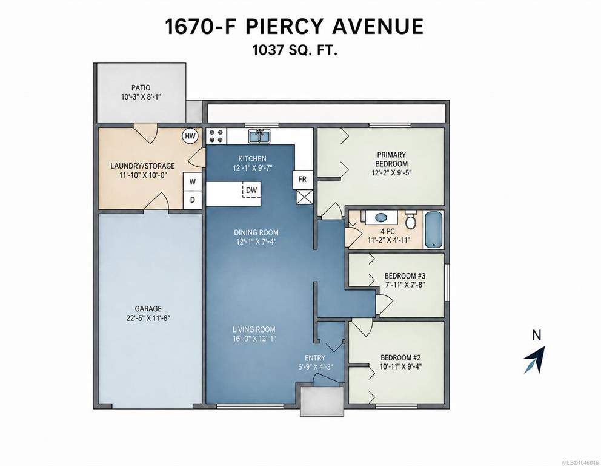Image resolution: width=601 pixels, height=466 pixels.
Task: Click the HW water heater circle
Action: pyautogui.click(x=190, y=136)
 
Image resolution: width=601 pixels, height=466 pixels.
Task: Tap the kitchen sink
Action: pyautogui.click(x=259, y=136)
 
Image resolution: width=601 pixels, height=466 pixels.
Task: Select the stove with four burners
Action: pyautogui.click(x=216, y=136)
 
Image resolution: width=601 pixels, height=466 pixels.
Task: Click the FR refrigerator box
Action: pyautogui.click(x=303, y=179)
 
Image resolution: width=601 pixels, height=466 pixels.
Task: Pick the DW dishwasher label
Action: pyautogui.click(x=251, y=190)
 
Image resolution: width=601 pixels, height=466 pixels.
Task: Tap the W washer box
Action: pyautogui.click(x=193, y=182)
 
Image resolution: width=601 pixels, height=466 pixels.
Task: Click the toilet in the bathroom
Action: pyautogui.click(x=411, y=220)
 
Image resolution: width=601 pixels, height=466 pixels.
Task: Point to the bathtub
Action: pyautogui.click(x=434, y=230)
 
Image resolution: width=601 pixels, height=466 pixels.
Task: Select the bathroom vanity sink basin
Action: pyautogui.click(x=380, y=218)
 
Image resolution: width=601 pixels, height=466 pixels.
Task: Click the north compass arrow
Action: pyautogui.click(x=535, y=360)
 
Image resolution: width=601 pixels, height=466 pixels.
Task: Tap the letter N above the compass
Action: pyautogui.click(x=537, y=336)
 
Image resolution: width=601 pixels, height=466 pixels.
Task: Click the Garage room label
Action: pyautogui.click(x=148, y=309)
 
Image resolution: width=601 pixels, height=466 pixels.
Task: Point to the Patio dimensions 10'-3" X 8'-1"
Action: pyautogui.click(x=141, y=96)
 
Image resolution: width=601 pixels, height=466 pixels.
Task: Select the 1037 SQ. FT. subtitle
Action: pyautogui.click(x=295, y=50)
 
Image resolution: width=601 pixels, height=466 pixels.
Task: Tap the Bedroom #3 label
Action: pyautogui.click(x=405, y=275)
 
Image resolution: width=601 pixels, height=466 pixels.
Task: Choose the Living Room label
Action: pyautogui.click(x=254, y=329)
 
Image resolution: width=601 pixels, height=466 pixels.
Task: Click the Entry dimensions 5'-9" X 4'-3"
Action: pyautogui.click(x=315, y=366)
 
